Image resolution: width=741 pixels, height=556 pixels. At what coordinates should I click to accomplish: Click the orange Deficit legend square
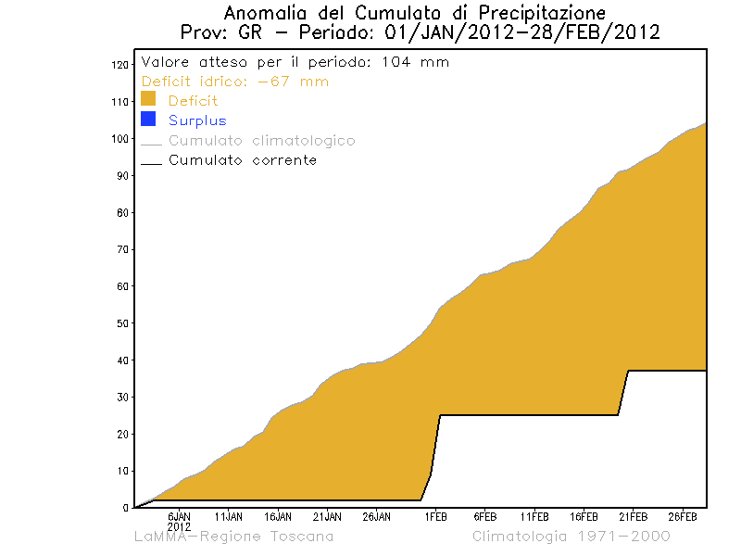[x=148, y=100]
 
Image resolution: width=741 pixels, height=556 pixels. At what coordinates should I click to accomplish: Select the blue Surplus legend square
[x=148, y=120]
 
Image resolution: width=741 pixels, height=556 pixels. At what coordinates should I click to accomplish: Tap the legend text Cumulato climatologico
[x=261, y=141]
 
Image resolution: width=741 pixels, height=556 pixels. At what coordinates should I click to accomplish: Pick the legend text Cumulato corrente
[x=242, y=160]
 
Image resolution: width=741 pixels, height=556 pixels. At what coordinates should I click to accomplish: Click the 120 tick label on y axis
[x=119, y=65]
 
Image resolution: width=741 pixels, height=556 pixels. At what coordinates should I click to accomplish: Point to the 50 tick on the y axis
[x=122, y=323]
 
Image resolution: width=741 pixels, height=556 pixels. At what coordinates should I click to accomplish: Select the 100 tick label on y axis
[x=119, y=139]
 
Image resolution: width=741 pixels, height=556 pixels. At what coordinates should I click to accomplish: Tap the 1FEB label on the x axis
[x=436, y=516]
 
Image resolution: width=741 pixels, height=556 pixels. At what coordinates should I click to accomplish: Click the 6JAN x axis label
[x=179, y=516]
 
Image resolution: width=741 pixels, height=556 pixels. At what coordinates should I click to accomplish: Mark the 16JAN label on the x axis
[x=277, y=516]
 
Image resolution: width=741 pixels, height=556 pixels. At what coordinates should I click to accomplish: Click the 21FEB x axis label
[x=633, y=516]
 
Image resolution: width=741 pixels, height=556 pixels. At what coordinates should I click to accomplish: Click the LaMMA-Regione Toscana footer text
[x=233, y=537]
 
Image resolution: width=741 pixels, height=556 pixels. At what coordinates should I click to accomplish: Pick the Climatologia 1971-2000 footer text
[x=571, y=537]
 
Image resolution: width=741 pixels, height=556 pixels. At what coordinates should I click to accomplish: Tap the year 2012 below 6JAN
[x=179, y=526]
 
